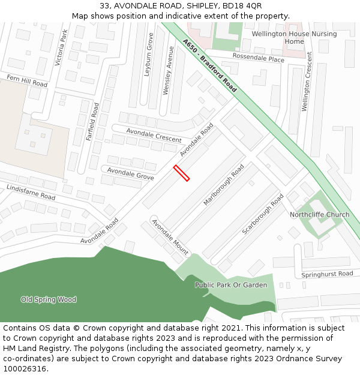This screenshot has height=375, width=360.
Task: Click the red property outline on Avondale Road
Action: tap(182, 173)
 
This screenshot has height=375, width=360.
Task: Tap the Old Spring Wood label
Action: tap(49, 299)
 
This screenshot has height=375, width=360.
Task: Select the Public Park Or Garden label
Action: tap(231, 285)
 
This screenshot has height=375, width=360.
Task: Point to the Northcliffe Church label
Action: tap(319, 214)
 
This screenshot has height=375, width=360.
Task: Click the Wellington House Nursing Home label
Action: tap(294, 38)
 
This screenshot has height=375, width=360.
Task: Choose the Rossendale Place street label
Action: tap(259, 59)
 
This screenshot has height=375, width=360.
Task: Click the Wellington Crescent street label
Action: tap(307, 81)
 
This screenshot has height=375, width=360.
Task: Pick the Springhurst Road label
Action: tap(328, 274)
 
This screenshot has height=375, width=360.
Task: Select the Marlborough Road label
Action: tap(224, 185)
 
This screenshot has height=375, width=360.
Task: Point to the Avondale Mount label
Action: tap(170, 237)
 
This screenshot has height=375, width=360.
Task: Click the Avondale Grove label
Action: tap(130, 174)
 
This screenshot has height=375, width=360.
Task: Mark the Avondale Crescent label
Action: tap(154, 135)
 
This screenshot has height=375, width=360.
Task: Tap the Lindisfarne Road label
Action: tap(31, 192)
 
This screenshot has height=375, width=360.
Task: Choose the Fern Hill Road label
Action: tap(27, 81)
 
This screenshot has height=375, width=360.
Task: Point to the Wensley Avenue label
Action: tap(168, 71)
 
